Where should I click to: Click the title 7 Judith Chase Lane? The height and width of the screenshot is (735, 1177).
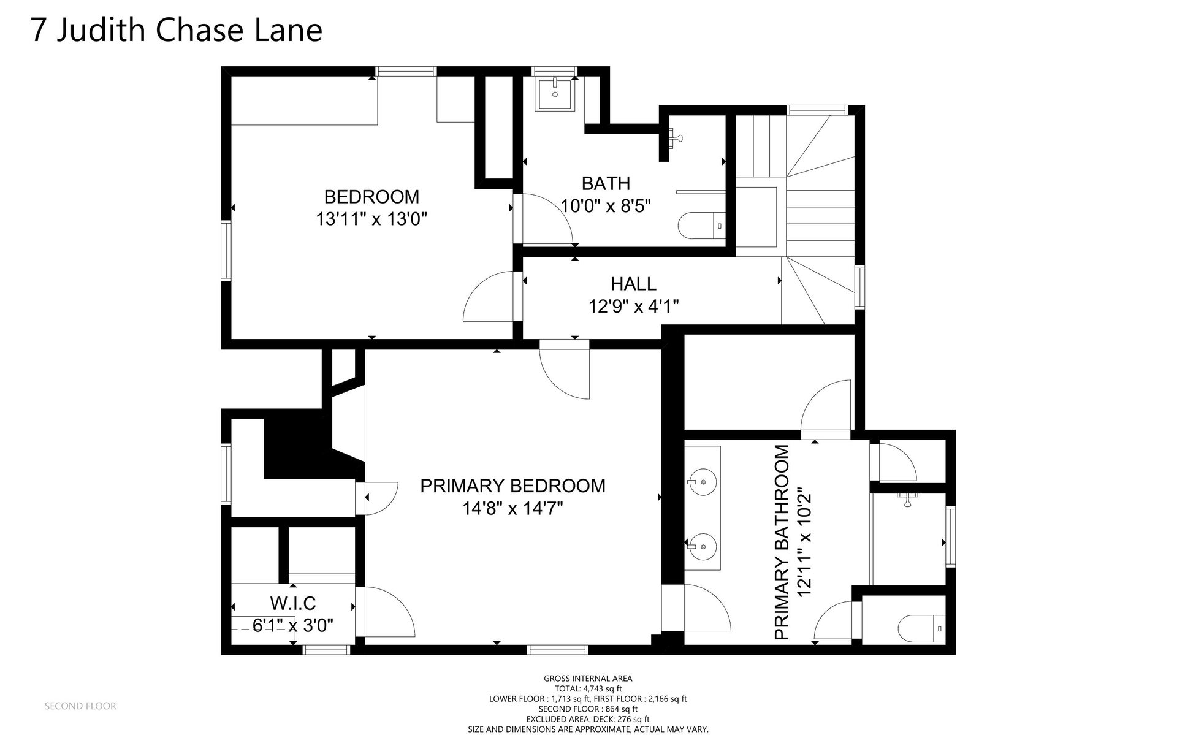[x=177, y=31]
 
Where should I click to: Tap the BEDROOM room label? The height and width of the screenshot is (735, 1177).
[x=371, y=197]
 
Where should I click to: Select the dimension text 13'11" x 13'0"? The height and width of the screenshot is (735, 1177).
[x=371, y=219]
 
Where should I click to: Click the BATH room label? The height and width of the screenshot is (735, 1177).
[x=606, y=183]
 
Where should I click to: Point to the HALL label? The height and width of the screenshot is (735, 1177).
[x=633, y=284]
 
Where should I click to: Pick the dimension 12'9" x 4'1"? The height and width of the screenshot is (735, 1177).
[x=634, y=306]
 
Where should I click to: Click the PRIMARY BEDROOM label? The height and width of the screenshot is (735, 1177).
[x=512, y=486]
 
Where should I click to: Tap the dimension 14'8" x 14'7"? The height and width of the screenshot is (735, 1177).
[x=512, y=508]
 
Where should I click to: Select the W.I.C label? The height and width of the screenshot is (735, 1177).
[x=293, y=604]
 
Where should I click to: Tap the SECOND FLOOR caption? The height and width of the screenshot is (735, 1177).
[x=80, y=706]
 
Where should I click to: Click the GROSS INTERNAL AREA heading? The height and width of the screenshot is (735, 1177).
[x=588, y=679]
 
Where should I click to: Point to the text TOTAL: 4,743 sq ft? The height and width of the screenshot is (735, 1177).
[x=588, y=689]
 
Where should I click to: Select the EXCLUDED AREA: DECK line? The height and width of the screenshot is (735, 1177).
[x=588, y=719]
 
